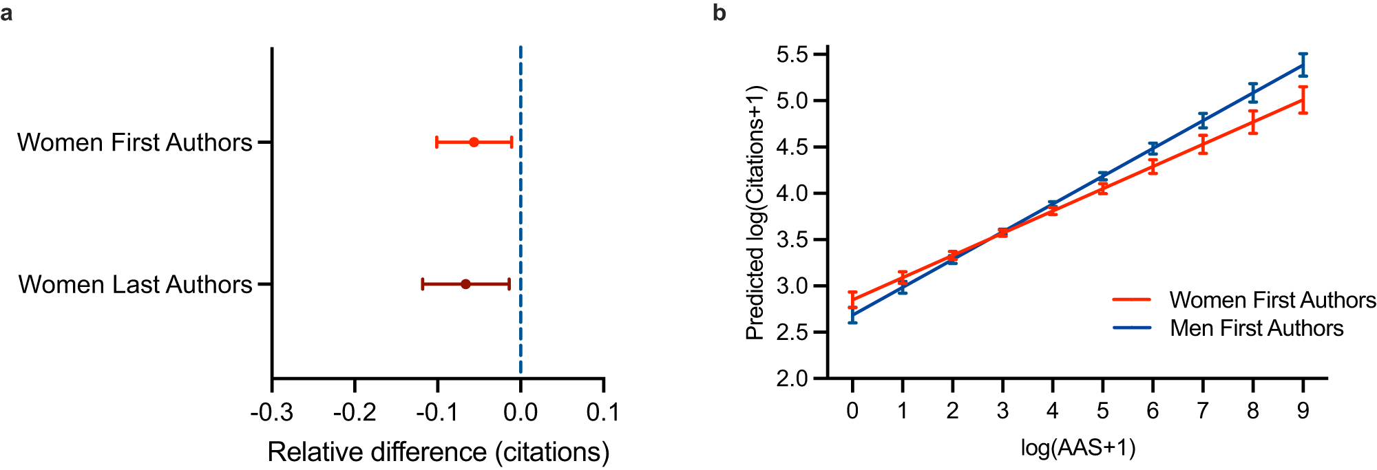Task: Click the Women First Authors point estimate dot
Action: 474,142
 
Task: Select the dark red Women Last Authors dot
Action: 465,284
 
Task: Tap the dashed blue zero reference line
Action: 521,206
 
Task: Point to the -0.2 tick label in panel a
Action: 355,412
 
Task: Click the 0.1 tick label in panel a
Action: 603,412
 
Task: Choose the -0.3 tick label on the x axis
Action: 271,412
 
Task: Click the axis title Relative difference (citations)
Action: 439,452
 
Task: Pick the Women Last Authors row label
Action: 135,284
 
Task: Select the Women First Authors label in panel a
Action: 135,142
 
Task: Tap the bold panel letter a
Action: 6,12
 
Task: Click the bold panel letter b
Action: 719,12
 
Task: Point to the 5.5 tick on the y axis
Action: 792,54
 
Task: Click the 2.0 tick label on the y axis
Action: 792,378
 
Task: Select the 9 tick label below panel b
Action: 1303,411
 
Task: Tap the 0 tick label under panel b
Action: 852,411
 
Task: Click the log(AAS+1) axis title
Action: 1078,447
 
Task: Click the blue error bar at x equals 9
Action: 1303,65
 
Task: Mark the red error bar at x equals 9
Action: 1303,100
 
